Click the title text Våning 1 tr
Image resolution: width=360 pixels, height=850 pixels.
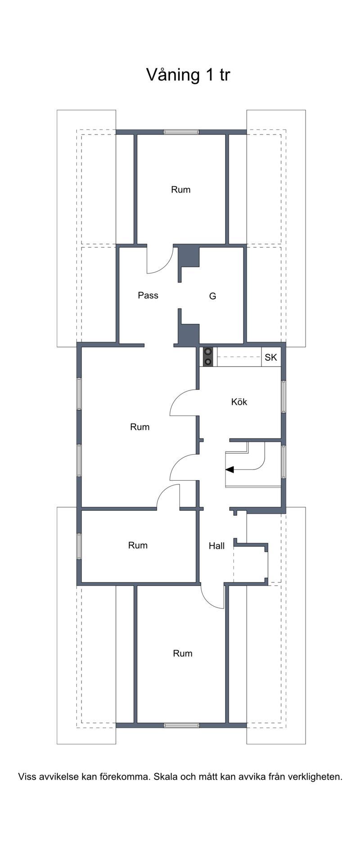[188, 75]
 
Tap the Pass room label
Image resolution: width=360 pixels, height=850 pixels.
[148, 295]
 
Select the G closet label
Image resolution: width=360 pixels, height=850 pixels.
[213, 296]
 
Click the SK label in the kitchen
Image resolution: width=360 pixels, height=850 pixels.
[271, 358]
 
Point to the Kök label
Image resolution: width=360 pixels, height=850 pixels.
[239, 402]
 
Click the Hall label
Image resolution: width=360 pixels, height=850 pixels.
[216, 546]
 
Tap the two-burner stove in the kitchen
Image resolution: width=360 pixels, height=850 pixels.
[208, 357]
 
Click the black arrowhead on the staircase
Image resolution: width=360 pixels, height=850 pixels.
[230, 470]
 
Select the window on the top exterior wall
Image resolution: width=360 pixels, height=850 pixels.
[181, 132]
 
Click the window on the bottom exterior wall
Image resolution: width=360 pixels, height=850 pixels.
[181, 725]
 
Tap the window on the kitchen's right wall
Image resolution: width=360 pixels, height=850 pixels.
[283, 397]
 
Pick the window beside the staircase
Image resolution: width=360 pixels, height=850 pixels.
[283, 461]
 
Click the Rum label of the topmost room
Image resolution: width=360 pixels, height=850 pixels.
[180, 189]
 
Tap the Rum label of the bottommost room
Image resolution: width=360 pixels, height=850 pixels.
[183, 653]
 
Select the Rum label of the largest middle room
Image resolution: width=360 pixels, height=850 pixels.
[139, 427]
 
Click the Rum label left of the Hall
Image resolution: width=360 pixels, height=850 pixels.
[138, 545]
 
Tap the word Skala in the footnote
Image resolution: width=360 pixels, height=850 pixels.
[166, 776]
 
